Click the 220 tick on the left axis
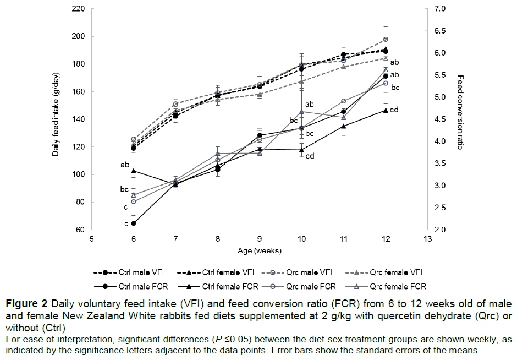point(79,9)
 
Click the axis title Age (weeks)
point(260,250)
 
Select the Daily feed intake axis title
point(56,119)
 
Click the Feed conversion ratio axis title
point(460,113)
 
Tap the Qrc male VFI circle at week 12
point(386,40)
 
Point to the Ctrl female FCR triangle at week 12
point(386,110)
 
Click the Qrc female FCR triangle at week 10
point(301,112)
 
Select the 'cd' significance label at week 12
point(394,110)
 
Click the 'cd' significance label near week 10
point(310,156)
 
